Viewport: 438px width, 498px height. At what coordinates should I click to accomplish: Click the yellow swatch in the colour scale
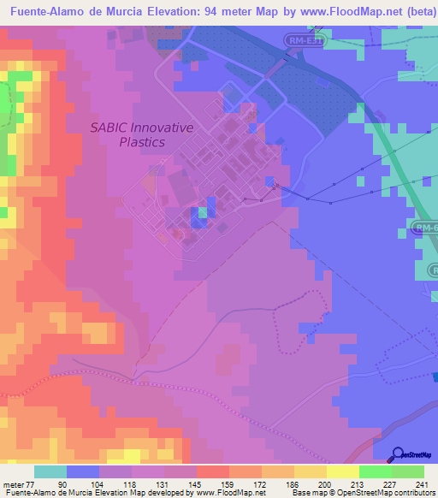(343, 471)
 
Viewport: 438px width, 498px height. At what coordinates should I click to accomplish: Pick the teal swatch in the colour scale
(50, 471)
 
